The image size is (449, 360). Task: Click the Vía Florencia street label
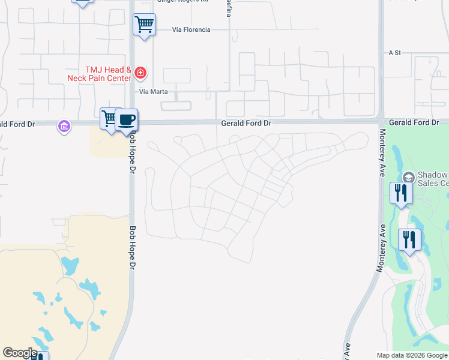tap(191, 29)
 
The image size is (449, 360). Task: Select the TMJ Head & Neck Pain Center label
tap(108, 74)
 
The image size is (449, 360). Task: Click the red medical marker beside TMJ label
tap(140, 73)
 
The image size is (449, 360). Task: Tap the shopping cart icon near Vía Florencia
tap(144, 25)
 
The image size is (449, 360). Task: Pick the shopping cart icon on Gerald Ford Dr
tap(109, 119)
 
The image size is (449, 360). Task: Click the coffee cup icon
tap(126, 119)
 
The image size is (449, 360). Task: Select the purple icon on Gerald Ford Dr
tap(64, 126)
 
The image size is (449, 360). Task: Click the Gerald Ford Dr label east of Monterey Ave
tap(418, 122)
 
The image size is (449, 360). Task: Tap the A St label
tap(394, 53)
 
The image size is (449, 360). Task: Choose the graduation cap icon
tap(408, 177)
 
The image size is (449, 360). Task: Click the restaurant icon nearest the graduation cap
tap(400, 193)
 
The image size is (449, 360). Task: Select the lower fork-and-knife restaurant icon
tap(409, 239)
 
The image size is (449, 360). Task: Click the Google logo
tap(20, 353)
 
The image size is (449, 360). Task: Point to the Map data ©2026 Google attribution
tap(411, 355)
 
